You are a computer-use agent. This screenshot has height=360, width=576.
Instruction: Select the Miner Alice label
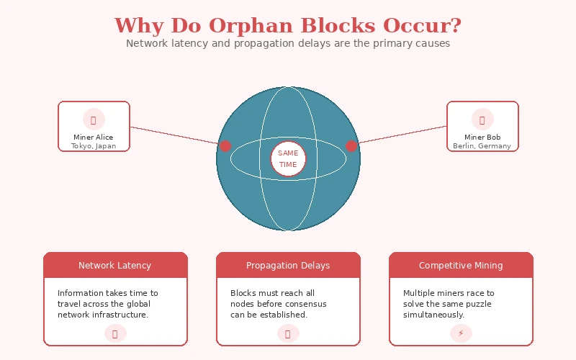click(94, 137)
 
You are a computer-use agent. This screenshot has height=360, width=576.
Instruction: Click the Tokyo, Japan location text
click(94, 146)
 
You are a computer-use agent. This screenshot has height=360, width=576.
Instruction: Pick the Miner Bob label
click(482, 137)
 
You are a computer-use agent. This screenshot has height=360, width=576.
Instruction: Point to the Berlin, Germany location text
click(482, 146)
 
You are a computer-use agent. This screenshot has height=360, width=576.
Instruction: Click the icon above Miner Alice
click(94, 119)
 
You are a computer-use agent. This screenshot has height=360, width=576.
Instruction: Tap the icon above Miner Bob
click(482, 119)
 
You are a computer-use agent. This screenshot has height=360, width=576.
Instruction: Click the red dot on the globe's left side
click(225, 146)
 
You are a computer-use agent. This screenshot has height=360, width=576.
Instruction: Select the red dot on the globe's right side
click(351, 146)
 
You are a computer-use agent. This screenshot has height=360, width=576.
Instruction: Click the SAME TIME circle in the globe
click(288, 158)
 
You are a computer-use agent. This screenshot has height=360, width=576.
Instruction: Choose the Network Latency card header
click(115, 265)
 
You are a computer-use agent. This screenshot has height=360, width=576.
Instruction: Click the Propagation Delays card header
click(288, 265)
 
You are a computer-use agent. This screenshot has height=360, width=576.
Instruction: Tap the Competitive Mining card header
click(461, 265)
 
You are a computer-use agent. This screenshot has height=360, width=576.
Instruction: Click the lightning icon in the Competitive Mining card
click(461, 333)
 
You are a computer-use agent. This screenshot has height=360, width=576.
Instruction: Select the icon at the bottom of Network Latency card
click(115, 333)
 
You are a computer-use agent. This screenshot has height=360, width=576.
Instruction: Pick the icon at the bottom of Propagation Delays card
click(288, 333)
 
